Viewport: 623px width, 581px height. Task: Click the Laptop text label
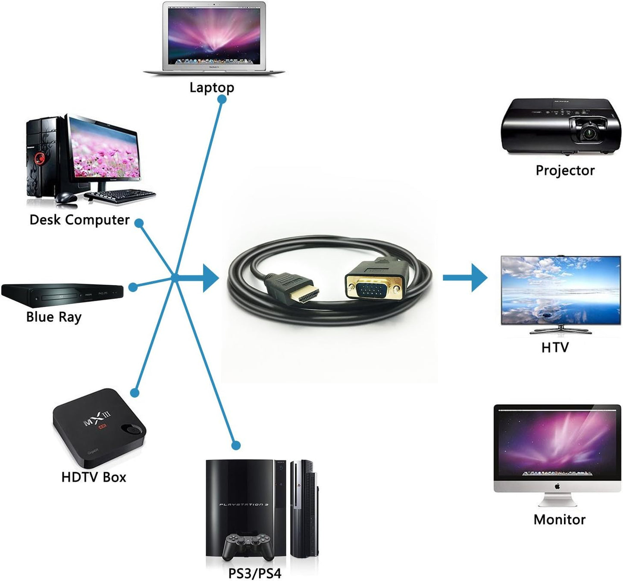point(212,87)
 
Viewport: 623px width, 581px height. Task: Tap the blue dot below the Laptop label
point(222,99)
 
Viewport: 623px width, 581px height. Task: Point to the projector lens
point(589,132)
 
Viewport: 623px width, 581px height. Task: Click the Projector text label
point(565,171)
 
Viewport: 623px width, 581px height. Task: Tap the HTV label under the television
point(555,347)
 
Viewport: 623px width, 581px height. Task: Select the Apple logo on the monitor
point(557,486)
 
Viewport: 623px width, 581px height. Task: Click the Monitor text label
point(559,520)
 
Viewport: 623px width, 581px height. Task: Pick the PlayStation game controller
point(247,545)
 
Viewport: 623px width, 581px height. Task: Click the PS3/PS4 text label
point(254,574)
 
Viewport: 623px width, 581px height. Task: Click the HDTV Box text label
point(94,477)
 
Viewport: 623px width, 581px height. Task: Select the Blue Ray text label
point(53,317)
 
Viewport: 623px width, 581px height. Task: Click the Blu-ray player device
point(62,294)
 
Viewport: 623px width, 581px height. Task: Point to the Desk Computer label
point(79,220)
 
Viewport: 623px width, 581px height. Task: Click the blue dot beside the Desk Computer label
point(139,223)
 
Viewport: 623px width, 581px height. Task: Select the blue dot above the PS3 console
point(235,445)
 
